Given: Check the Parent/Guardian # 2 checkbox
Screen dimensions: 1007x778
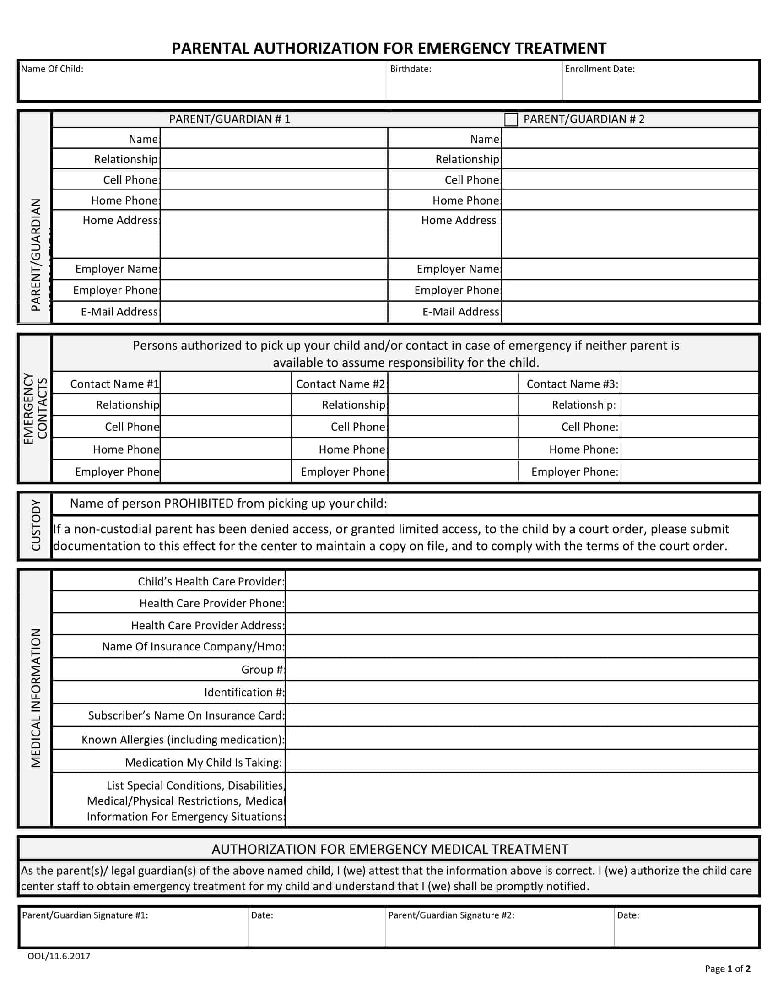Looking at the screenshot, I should [x=511, y=119].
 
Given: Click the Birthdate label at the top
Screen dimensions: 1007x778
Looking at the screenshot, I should [x=410, y=69].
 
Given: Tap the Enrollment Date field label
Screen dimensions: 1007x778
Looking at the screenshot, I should [x=599, y=69].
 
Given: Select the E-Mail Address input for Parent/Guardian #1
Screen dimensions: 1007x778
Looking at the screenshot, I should [x=274, y=312].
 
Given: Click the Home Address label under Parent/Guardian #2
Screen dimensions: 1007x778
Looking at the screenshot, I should [x=459, y=221].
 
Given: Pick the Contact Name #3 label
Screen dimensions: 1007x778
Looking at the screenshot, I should [x=572, y=384].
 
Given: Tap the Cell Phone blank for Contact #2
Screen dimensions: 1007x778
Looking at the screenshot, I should [x=453, y=427].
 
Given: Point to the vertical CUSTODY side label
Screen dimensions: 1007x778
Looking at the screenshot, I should [x=36, y=525].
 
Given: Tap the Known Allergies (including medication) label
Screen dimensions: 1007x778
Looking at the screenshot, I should [x=183, y=740].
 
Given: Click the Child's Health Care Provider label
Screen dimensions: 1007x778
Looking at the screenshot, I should [x=211, y=581].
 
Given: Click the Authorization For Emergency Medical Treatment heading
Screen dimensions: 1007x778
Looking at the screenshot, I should [x=389, y=849].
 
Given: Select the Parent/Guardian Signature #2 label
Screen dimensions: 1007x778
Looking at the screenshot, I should [x=451, y=915].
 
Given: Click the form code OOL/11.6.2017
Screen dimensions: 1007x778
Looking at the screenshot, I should [x=59, y=956].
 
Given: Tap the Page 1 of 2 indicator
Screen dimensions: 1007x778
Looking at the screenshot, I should [x=727, y=969].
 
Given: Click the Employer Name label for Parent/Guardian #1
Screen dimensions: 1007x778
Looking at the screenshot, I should [x=117, y=269].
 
